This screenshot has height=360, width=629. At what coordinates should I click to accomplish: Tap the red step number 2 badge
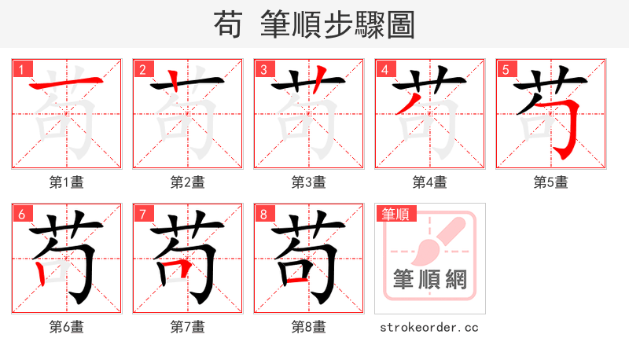tap(142, 69)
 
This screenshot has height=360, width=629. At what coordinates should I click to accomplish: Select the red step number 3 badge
tap(263, 69)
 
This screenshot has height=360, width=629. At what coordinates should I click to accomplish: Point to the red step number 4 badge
tap(384, 69)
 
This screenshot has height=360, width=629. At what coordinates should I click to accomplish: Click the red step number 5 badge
tap(506, 69)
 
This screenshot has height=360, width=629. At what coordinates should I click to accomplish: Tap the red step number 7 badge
tap(142, 214)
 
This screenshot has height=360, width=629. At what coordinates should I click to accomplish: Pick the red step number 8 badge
tap(263, 214)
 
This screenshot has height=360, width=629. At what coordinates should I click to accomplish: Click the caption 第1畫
tap(67, 182)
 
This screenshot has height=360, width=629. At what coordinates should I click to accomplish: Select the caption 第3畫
tap(309, 182)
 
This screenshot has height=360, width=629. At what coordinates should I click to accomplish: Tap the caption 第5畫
tap(551, 182)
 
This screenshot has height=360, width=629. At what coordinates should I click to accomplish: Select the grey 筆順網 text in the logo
tap(430, 279)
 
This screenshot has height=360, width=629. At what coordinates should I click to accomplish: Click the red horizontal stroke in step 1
tap(66, 83)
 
